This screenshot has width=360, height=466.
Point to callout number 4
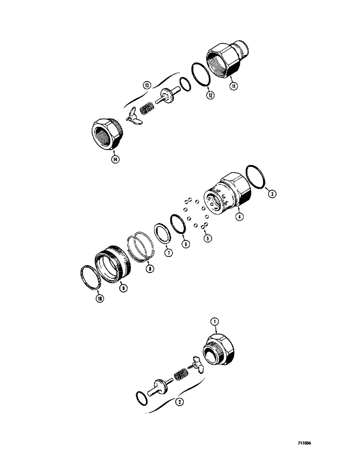tap(239, 217)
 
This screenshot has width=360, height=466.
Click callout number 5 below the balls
tap(208, 238)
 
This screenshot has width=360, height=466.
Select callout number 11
tap(231, 85)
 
